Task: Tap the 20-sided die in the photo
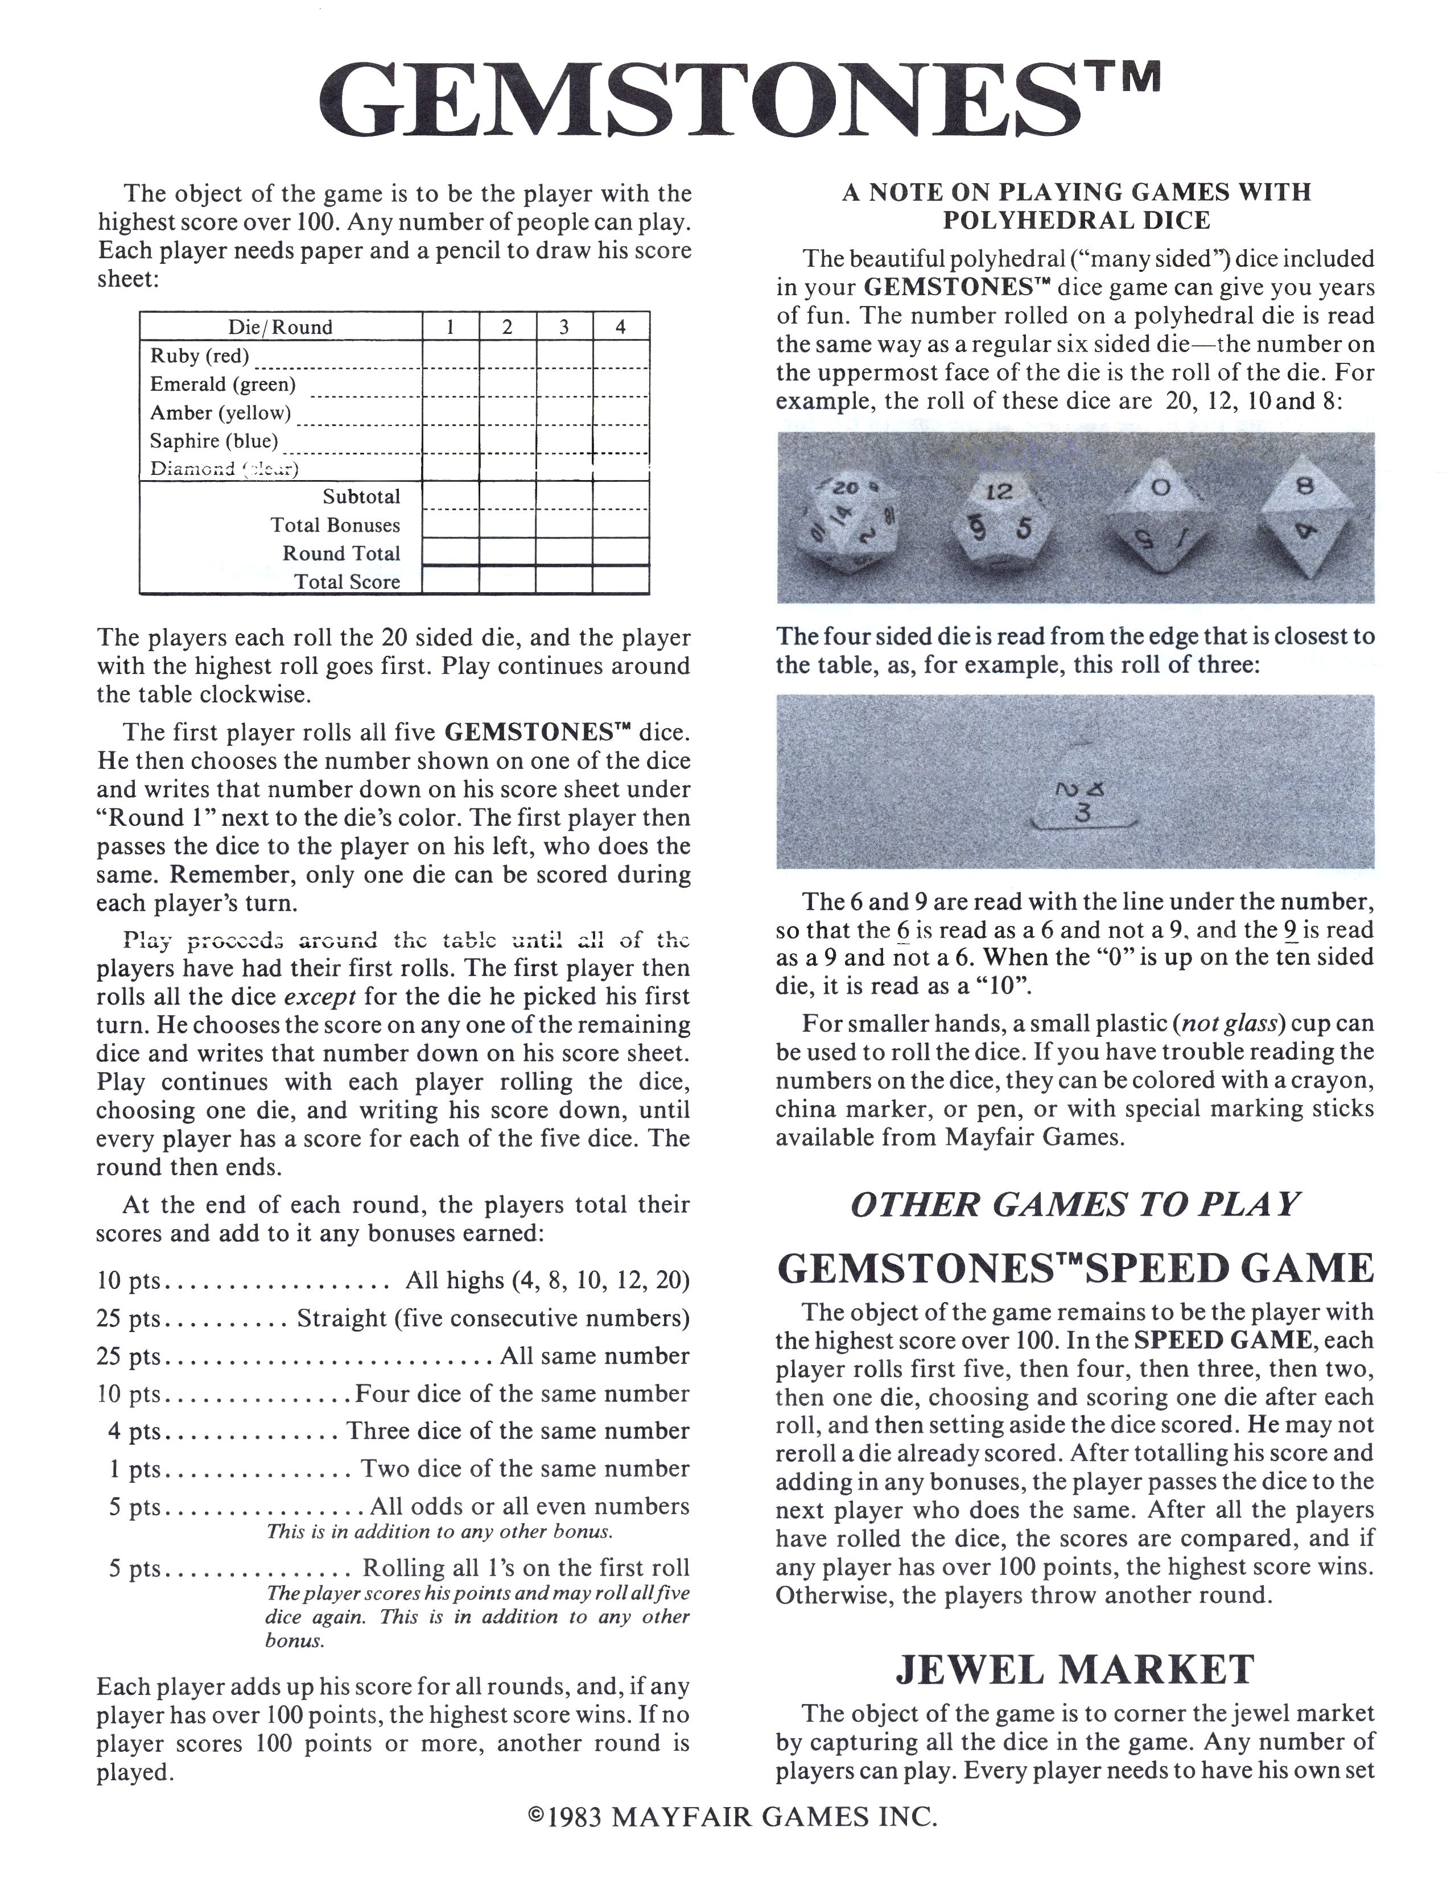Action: (854, 520)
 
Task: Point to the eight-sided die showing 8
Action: (1305, 514)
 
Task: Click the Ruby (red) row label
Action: (199, 356)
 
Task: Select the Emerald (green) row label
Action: (222, 384)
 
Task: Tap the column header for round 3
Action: (564, 326)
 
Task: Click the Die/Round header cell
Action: (280, 326)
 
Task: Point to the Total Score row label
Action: (347, 582)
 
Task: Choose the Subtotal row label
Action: (361, 497)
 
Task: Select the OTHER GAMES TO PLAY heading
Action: (1074, 1205)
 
